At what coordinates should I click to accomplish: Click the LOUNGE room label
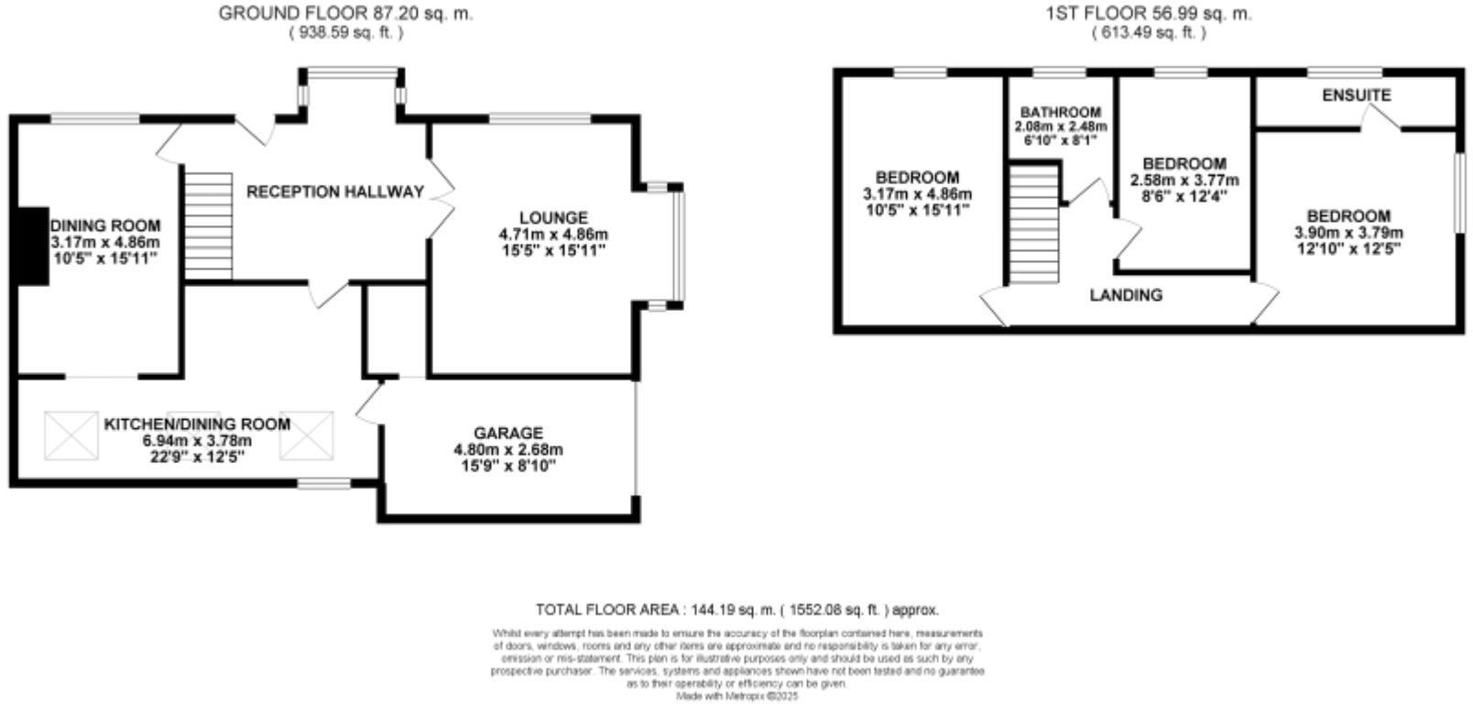552,217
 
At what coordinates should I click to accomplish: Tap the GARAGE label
507,433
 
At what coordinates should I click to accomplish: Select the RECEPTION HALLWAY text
335,192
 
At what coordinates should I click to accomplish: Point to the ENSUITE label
1356,95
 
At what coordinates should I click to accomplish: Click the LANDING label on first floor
1126,295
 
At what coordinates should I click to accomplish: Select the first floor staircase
1035,225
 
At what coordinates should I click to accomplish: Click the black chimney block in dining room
35,247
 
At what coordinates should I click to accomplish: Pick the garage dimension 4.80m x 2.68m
507,450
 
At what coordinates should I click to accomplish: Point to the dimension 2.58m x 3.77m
1184,180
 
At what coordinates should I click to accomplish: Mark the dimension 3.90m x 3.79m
1348,233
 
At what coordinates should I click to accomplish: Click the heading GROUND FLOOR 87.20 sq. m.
346,14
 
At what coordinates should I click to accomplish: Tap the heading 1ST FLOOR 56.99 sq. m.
1149,14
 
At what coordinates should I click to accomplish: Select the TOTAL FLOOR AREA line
736,610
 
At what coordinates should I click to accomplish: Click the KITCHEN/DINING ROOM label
197,424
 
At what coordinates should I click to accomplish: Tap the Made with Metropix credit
737,697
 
